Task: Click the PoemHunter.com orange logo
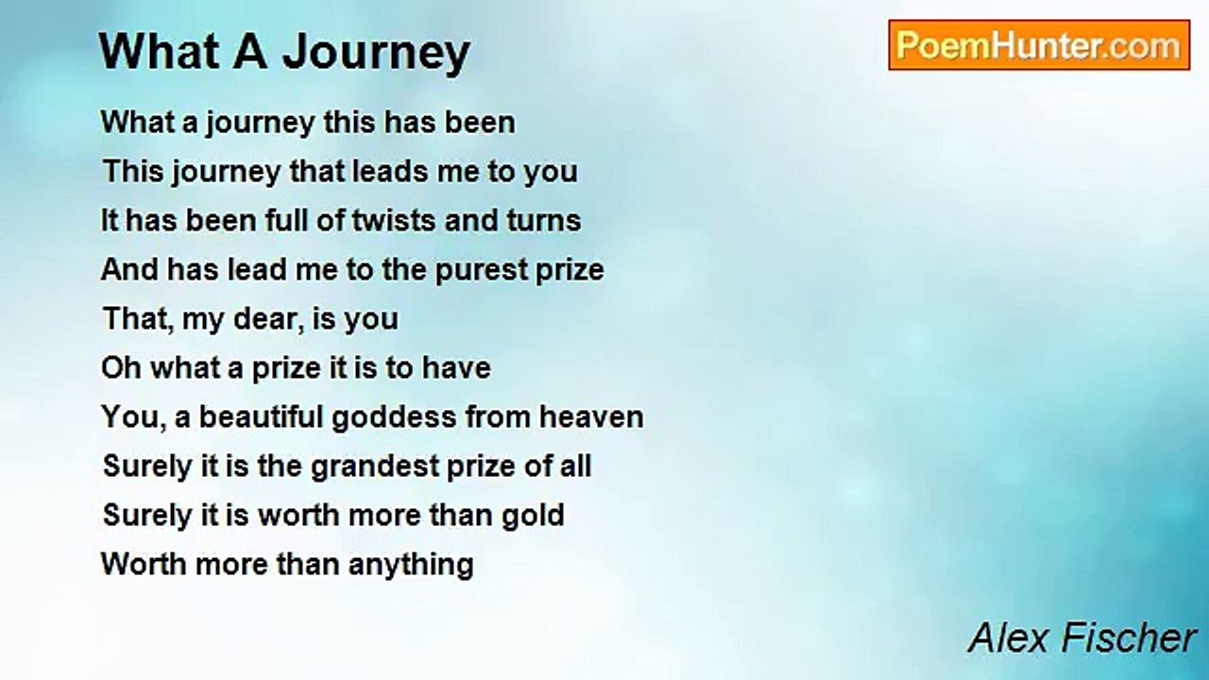[1039, 45]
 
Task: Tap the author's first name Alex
[1009, 637]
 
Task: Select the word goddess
[394, 418]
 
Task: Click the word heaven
[591, 417]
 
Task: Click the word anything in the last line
[411, 566]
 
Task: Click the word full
[285, 221]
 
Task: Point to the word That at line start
[136, 319]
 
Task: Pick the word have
[456, 368]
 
